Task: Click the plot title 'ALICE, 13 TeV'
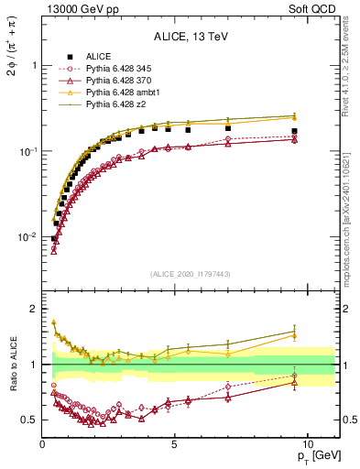point(189,38)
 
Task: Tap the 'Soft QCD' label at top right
point(313,8)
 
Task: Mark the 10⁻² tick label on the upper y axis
point(26,237)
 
